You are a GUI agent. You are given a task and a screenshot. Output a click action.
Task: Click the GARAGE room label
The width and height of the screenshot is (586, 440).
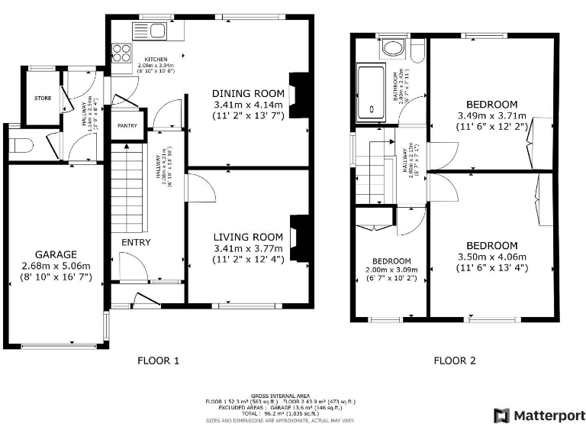click(x=55, y=254)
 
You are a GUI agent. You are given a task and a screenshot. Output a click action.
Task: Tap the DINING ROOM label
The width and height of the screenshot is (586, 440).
click(x=247, y=94)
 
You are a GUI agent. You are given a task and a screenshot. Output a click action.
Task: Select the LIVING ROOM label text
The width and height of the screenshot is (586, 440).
click(x=247, y=237)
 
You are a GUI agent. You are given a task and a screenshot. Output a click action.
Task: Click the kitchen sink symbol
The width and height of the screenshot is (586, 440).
click(x=150, y=31)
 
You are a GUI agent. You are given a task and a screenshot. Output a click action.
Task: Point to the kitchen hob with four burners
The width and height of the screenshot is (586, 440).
click(x=122, y=53)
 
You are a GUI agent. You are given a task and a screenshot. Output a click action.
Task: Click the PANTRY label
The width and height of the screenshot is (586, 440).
click(x=127, y=127)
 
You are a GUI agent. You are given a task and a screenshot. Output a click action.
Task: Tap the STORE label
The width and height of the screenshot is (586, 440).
click(x=42, y=99)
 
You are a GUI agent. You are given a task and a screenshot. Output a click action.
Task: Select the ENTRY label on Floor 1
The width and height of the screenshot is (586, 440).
click(x=136, y=243)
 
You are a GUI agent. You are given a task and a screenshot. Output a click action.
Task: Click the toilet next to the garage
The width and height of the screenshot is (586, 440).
click(x=21, y=145)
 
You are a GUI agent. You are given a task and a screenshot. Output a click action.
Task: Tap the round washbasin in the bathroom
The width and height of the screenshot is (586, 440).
click(x=394, y=50)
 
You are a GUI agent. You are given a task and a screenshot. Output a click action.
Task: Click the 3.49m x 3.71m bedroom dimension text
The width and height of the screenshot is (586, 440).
click(x=492, y=116)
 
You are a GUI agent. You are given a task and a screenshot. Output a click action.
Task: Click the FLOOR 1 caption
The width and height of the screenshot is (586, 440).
click(x=158, y=360)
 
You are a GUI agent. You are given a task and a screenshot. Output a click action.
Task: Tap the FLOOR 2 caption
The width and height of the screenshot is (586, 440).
click(x=455, y=360)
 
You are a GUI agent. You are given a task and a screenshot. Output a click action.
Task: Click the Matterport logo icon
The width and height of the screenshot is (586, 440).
click(x=502, y=416)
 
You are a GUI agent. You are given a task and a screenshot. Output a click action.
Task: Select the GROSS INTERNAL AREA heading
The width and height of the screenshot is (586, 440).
click(x=280, y=396)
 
